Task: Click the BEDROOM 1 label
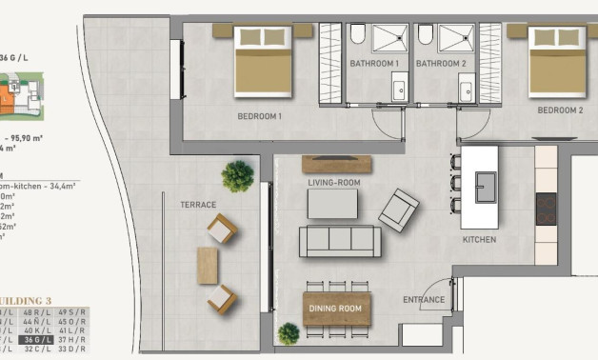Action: coord(260,117)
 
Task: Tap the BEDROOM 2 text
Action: coord(560,110)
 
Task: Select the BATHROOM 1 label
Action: coord(373,64)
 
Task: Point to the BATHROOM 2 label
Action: coord(441,64)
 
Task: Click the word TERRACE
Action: coord(198,205)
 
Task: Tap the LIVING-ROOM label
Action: coord(333,182)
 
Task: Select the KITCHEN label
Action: coord(479,240)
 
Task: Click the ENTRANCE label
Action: coord(424,301)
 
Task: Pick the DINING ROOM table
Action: coord(336,309)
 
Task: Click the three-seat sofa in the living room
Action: coord(340,241)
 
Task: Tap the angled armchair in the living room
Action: coord(399,209)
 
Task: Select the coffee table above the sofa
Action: coord(332,204)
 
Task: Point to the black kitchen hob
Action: coord(547,209)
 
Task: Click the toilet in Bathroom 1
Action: coord(357,36)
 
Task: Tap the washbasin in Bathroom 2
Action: coord(466,90)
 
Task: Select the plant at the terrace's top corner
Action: coord(237,175)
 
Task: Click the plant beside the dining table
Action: coord(289,333)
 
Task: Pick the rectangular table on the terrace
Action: coord(208,265)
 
